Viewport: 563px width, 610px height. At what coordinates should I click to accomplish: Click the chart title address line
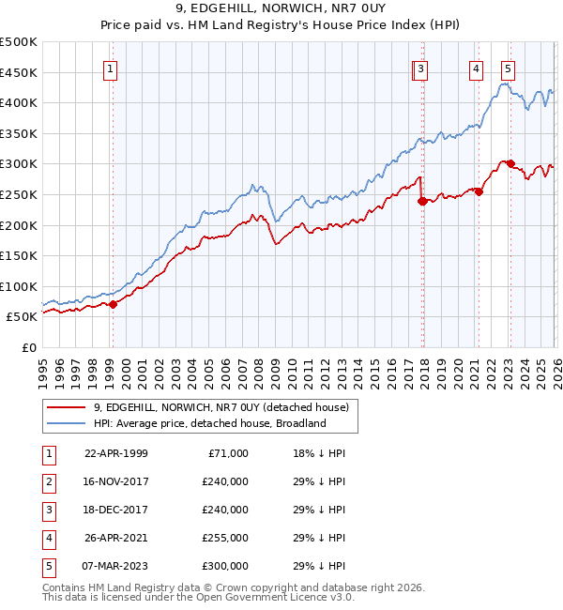pyautogui.click(x=281, y=8)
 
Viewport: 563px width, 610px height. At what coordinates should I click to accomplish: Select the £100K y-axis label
pyautogui.click(x=19, y=286)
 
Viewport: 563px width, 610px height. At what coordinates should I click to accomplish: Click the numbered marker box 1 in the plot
pyautogui.click(x=111, y=68)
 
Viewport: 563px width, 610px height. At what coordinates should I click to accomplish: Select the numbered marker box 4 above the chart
pyautogui.click(x=477, y=68)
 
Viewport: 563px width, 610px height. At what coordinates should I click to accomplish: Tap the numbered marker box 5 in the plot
pyautogui.click(x=508, y=68)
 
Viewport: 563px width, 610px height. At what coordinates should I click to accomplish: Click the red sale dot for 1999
pyautogui.click(x=114, y=304)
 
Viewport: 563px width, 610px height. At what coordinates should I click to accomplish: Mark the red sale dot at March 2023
pyautogui.click(x=510, y=164)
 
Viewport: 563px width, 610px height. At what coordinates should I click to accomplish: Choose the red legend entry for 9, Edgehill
pyautogui.click(x=221, y=407)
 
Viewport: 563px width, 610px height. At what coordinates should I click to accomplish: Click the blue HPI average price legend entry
pyautogui.click(x=208, y=423)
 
